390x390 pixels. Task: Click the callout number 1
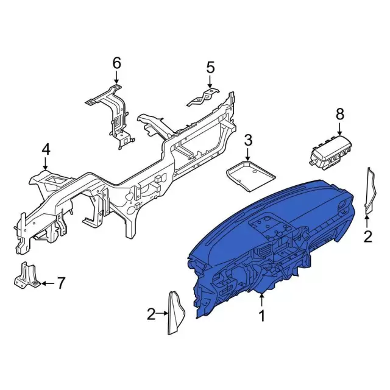tap(261, 316)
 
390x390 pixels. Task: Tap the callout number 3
tap(248, 140)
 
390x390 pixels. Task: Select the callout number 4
tap(46, 151)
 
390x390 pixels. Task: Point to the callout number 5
tap(210, 68)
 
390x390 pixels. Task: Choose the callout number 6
tap(116, 63)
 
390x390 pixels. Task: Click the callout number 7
tap(61, 283)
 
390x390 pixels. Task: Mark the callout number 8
tap(340, 114)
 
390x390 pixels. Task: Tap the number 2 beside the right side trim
tap(367, 236)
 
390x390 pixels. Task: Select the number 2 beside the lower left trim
tap(151, 314)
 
